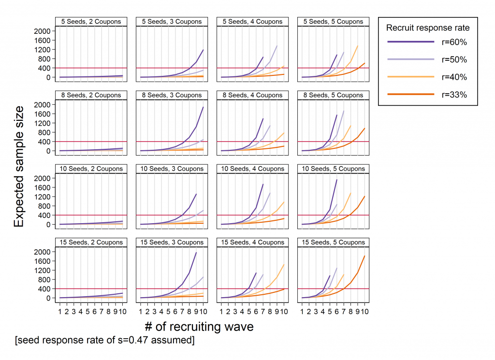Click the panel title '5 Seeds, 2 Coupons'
91,22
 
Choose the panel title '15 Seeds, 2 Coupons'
91,243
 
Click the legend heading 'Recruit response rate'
428,28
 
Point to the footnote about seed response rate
105,341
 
